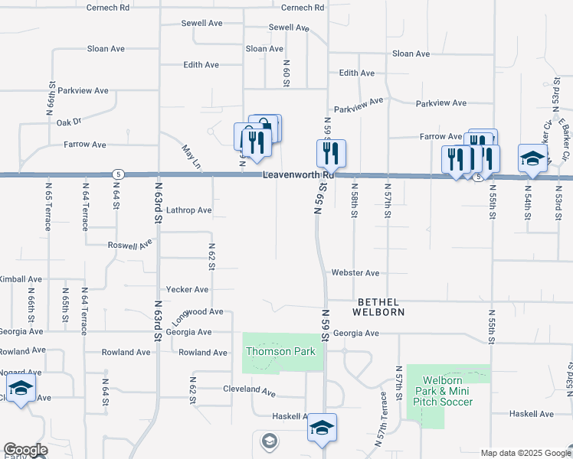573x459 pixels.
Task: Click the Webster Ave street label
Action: click(x=355, y=273)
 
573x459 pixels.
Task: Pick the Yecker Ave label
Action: click(x=187, y=290)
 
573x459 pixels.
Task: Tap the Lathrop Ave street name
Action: click(x=188, y=210)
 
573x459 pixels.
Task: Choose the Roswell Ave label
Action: click(x=129, y=245)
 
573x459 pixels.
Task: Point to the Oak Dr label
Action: click(x=68, y=122)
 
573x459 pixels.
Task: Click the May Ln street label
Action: click(x=191, y=158)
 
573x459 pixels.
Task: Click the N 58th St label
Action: click(x=354, y=199)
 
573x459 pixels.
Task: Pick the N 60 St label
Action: click(x=286, y=73)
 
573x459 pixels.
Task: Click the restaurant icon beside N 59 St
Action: click(x=331, y=154)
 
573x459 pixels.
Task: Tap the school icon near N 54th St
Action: click(x=532, y=158)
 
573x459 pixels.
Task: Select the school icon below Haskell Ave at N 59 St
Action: click(x=323, y=428)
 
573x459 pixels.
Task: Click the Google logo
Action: click(x=25, y=450)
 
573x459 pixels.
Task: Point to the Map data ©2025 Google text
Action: click(x=525, y=453)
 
